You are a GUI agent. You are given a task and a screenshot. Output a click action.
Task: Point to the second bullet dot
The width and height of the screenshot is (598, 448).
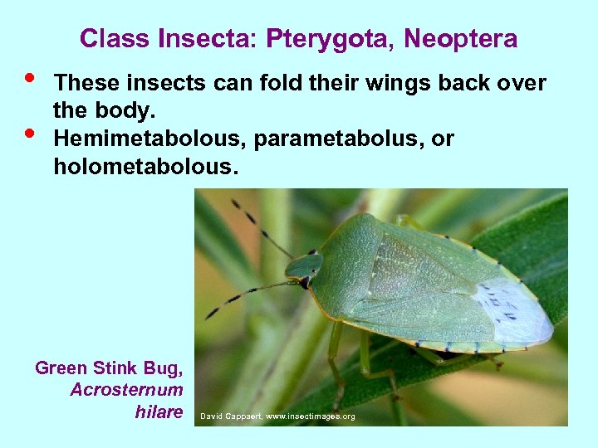(x=30, y=132)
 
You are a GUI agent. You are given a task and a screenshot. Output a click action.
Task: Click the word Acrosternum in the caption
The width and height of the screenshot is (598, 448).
(x=126, y=390)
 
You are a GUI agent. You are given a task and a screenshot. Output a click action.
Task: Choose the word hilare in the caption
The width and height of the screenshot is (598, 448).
(x=159, y=411)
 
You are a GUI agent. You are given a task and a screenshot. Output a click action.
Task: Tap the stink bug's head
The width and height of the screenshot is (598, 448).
(x=304, y=267)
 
